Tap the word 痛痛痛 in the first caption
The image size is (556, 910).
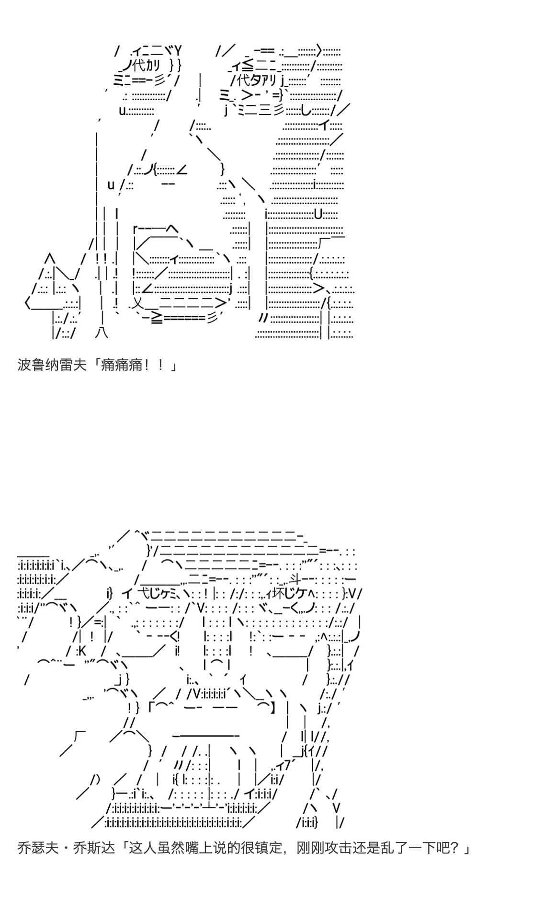pyautogui.click(x=122, y=365)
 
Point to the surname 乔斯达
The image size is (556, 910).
pyautogui.click(x=95, y=848)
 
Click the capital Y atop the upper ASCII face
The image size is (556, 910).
pyautogui.click(x=178, y=50)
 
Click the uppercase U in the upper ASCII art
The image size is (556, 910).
pyautogui.click(x=318, y=214)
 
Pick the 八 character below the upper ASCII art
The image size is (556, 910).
pyautogui.click(x=102, y=333)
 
